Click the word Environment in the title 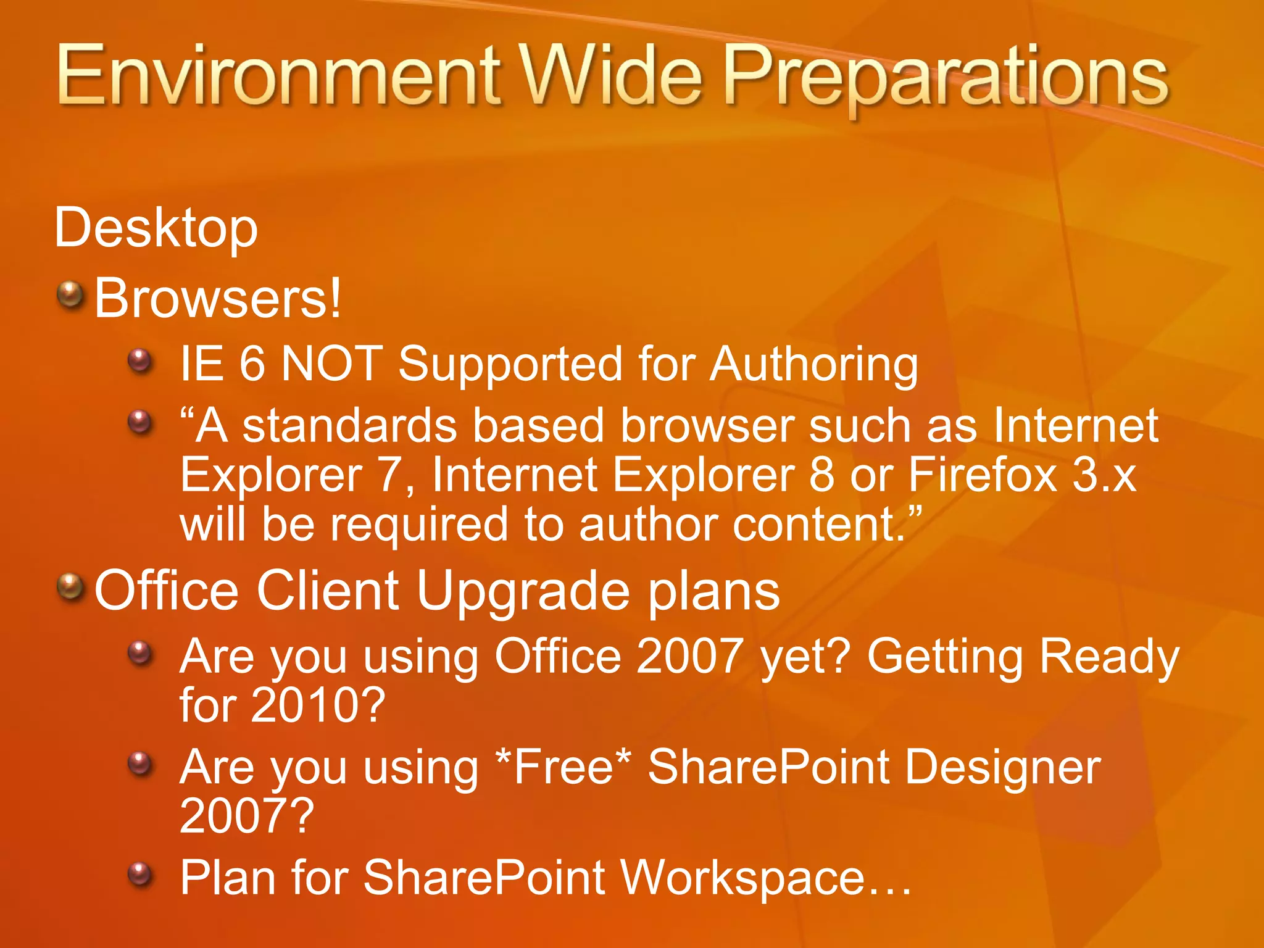[x=278, y=77]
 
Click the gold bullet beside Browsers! [x=70, y=295]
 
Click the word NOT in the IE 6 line [x=332, y=364]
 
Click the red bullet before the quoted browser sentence [x=140, y=423]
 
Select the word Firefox [x=983, y=475]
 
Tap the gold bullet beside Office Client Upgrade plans [x=70, y=587]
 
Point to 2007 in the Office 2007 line [x=689, y=656]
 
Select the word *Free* [x=563, y=767]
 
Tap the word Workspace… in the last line [x=765, y=878]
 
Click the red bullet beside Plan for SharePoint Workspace [x=140, y=874]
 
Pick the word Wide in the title [x=611, y=77]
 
